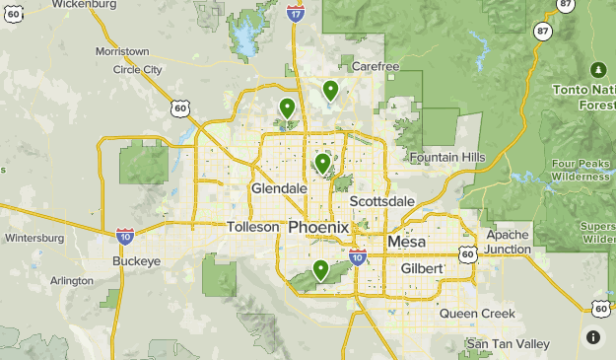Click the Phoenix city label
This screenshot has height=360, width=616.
click(x=318, y=228)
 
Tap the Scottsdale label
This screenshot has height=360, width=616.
click(x=381, y=201)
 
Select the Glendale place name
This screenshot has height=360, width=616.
click(x=279, y=187)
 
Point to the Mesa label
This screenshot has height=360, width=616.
click(x=406, y=242)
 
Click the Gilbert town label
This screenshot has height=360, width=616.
click(x=422, y=268)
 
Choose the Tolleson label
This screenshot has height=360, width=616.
click(x=254, y=227)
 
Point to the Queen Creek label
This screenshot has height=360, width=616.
click(x=477, y=314)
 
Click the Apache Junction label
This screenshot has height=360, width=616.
click(x=509, y=242)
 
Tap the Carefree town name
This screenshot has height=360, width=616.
click(x=376, y=67)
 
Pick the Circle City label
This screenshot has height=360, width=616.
click(x=138, y=70)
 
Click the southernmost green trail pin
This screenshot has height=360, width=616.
click(x=320, y=269)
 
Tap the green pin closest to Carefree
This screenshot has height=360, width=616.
click(x=331, y=91)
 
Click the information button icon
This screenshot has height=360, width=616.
click(x=592, y=336)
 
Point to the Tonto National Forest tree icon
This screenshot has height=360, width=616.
click(x=597, y=69)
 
